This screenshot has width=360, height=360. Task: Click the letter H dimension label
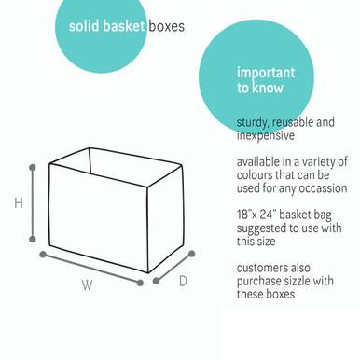[x=18, y=203]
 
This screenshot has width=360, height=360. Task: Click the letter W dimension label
[x=87, y=285]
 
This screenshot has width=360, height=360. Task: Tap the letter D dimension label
[x=183, y=280]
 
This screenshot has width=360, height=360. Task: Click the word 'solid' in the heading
[x=85, y=26]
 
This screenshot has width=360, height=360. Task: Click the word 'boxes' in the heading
[x=167, y=26]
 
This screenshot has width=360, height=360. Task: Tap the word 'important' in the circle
[x=265, y=73]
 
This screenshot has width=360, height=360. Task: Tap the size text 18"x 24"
[x=257, y=214]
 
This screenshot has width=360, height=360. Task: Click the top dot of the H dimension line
[x=33, y=167]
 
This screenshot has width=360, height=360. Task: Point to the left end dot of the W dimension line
[x=43, y=253]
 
